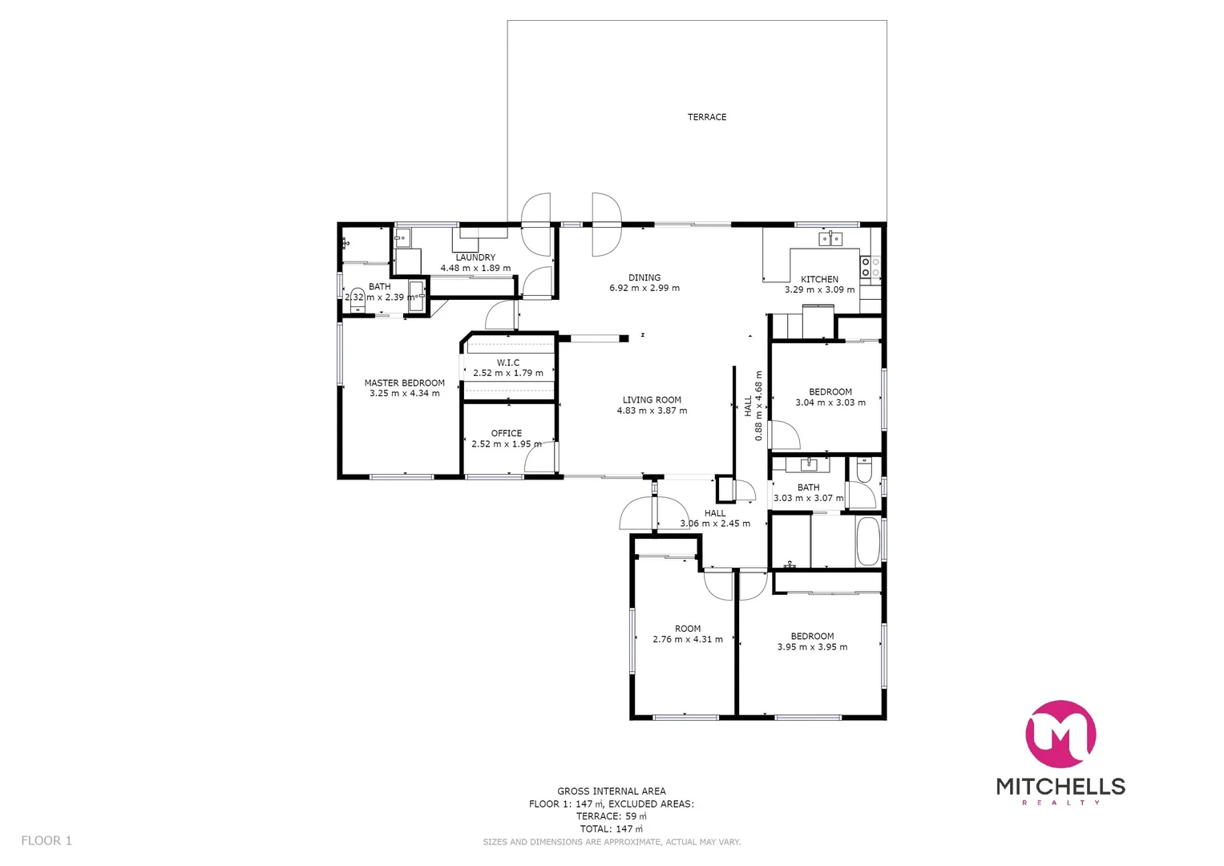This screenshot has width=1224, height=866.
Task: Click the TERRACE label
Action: pos(706,117)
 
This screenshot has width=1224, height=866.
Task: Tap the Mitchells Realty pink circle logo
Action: pos(1060,734)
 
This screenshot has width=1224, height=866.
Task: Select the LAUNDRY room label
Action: pos(475,257)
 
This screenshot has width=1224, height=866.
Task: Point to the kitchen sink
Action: pos(830,238)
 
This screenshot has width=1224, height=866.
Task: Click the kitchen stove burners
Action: pos(871,267)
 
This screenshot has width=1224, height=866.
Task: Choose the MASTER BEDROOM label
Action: pos(404,383)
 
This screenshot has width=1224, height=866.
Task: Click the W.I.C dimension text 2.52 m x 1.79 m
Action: pos(507,373)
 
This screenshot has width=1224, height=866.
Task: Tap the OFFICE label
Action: pos(506,433)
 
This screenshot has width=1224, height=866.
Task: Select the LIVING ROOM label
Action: pos(652,400)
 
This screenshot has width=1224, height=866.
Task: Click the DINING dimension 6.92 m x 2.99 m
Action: pos(644,288)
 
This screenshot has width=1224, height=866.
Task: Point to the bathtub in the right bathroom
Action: pos(867,541)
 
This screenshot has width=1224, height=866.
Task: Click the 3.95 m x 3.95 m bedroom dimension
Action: pos(812,647)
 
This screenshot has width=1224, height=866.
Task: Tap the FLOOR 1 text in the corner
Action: pos(46,840)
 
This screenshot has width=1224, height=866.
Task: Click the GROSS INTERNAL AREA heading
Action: pos(611,791)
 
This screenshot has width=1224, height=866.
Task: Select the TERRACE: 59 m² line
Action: pos(611,816)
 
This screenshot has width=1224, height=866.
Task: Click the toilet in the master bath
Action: pos(358,296)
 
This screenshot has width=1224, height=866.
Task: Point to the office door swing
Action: pos(539,459)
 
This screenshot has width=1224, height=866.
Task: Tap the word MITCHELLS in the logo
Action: pos(1060,786)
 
